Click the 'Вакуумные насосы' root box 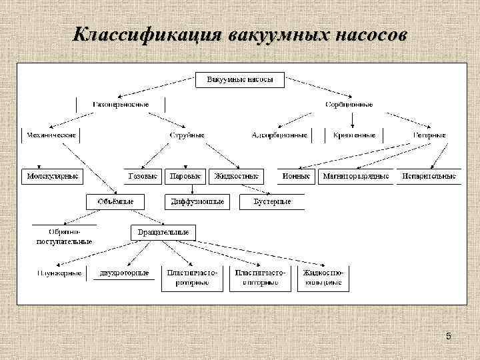[240, 79]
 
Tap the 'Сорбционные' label [349, 105]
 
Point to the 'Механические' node [51, 135]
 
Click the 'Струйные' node [187, 135]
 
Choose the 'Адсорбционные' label [279, 135]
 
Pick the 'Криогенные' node [355, 135]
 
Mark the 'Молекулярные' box [52, 177]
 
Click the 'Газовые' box [143, 177]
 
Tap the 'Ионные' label [296, 177]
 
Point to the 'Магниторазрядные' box [355, 177]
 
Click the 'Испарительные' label [429, 177]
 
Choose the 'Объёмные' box [115, 201]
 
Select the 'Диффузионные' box [197, 201]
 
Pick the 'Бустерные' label [272, 201]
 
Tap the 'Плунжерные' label [60, 273]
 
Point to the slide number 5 [449, 337]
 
